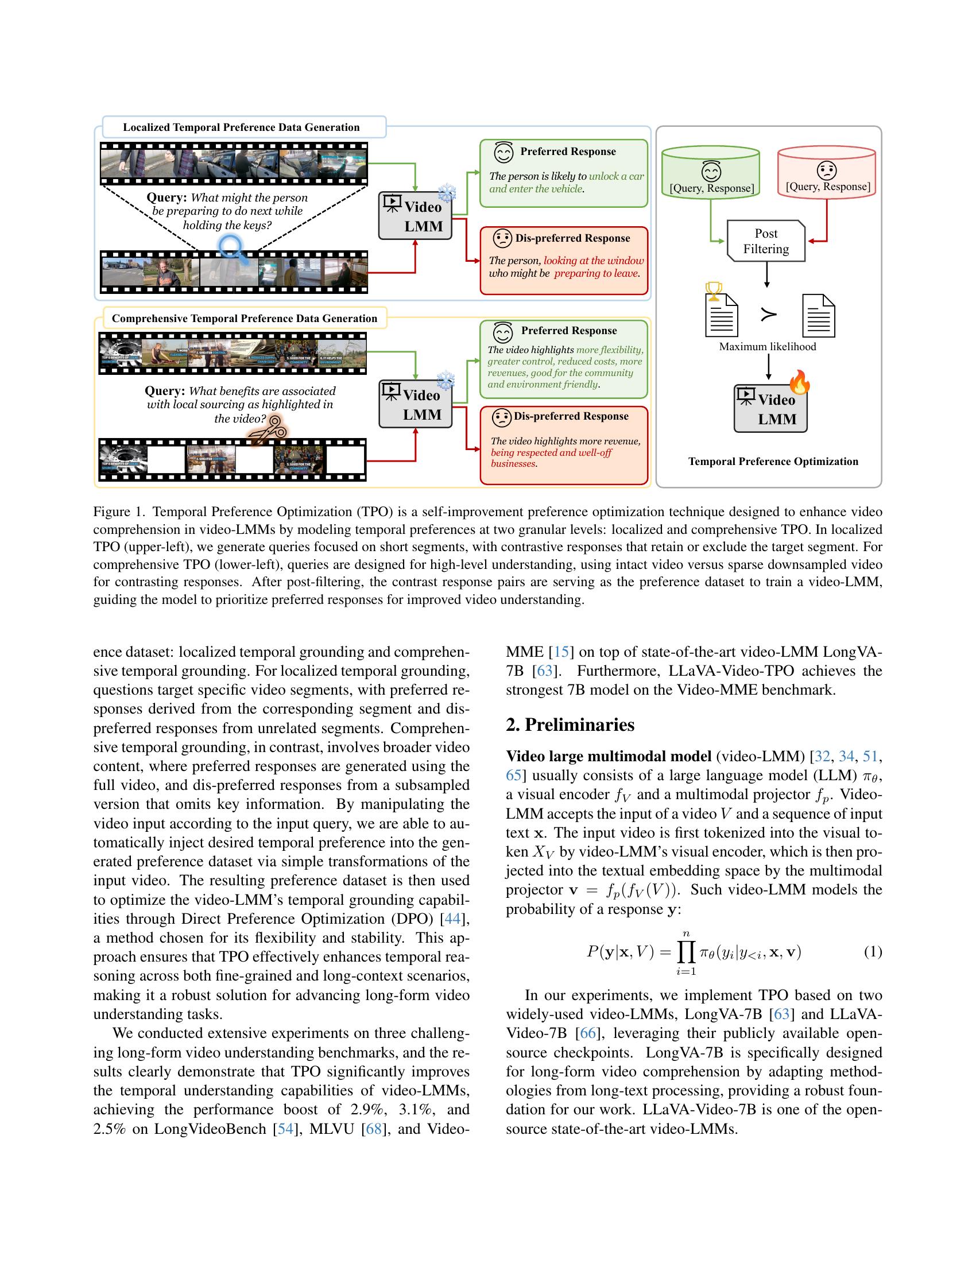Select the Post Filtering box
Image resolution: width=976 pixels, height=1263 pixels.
pos(765,241)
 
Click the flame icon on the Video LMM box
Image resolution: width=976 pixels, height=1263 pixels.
pos(800,382)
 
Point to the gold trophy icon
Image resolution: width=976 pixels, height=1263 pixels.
pos(715,290)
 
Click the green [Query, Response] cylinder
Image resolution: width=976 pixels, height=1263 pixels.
pos(711,173)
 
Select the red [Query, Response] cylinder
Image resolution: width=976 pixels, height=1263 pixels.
pos(827,172)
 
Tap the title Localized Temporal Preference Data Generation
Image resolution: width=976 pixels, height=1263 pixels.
pos(241,127)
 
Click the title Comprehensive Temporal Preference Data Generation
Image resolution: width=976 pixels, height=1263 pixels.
pos(244,319)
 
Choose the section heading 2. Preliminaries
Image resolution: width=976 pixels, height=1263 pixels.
pos(570,725)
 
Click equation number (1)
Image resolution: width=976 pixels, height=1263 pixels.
pos(873,951)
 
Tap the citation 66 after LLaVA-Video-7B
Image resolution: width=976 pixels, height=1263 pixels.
pos(588,1033)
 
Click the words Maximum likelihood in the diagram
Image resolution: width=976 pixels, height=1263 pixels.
pos(767,346)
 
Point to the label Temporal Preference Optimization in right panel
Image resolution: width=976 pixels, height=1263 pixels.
pos(773,462)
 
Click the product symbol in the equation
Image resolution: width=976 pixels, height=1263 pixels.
pos(686,952)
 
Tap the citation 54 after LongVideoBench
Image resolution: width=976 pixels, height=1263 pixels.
pos(286,1129)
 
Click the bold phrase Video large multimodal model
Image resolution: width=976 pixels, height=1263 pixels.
pos(608,757)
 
